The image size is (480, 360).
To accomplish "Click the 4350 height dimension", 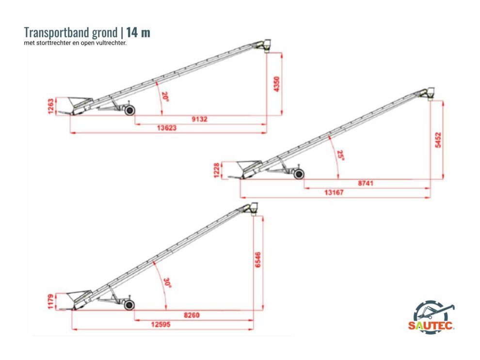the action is click(276, 84).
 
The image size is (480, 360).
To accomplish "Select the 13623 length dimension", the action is click(167, 128).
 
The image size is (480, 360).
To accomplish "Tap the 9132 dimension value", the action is click(200, 119).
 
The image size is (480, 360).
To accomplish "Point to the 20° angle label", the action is click(165, 96).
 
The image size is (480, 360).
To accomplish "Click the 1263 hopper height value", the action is click(51, 106).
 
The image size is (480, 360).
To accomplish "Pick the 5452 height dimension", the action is click(438, 140).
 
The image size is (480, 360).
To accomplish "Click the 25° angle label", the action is click(340, 156).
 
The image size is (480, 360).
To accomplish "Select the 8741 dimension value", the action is click(366, 183).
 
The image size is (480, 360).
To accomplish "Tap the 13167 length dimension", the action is click(334, 192).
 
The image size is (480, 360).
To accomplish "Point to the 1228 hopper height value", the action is click(217, 170).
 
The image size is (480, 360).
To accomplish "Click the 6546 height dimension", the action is click(258, 260).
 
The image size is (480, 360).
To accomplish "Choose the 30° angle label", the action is click(167, 282).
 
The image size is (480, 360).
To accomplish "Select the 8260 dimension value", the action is click(192, 315).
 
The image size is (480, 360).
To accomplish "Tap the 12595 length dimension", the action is click(160, 324).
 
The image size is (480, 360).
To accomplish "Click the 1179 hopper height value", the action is click(51, 301).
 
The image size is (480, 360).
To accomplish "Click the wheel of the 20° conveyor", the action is click(130, 110).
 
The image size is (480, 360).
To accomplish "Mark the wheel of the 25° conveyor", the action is click(299, 174).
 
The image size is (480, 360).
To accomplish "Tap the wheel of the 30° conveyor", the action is click(129, 305).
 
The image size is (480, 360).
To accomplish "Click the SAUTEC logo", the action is click(432, 316).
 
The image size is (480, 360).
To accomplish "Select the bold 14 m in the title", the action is click(138, 32).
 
